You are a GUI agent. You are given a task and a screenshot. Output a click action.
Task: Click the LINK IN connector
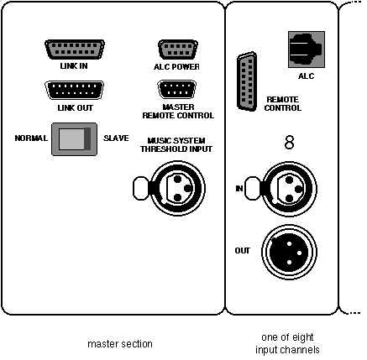(x=75, y=50)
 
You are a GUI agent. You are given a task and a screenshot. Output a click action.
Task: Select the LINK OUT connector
(x=74, y=90)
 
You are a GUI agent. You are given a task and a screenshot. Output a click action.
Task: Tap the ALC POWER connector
(x=178, y=50)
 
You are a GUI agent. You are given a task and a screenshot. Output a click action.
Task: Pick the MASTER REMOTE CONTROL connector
(x=177, y=90)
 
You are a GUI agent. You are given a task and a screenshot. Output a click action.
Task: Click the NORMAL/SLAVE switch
(x=74, y=139)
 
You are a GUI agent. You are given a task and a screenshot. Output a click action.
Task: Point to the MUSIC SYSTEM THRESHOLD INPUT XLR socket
(x=177, y=188)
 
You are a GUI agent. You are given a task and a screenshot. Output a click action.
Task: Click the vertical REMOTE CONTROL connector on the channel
(x=247, y=81)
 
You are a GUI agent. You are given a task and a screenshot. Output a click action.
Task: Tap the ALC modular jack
(x=307, y=50)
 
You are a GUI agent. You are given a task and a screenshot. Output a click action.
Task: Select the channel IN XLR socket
(x=289, y=189)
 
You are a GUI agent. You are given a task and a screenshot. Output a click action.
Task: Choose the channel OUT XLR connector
(x=289, y=253)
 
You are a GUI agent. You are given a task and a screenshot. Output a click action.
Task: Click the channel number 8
(x=289, y=142)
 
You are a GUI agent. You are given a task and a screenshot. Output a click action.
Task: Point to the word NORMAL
(x=31, y=138)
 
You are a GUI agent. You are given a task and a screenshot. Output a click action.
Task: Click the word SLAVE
(x=116, y=138)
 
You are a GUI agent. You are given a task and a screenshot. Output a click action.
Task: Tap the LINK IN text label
(x=74, y=66)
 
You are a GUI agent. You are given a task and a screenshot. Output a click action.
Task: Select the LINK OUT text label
(x=76, y=108)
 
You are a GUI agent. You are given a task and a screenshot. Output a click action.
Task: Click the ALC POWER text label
(x=176, y=67)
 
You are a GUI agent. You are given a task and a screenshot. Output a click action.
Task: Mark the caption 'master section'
(x=120, y=344)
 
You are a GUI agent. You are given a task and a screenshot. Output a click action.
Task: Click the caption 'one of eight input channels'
(x=287, y=343)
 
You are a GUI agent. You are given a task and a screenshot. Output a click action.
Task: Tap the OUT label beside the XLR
(x=243, y=251)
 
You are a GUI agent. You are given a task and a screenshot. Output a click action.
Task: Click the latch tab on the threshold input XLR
(x=141, y=188)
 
